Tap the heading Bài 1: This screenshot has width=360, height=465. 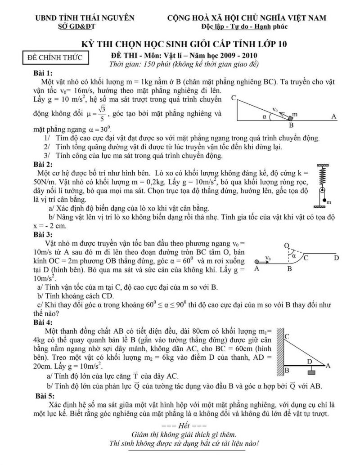click(x=43, y=73)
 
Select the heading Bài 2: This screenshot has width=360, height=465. click(x=43, y=164)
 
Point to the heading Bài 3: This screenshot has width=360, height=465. click(x=43, y=234)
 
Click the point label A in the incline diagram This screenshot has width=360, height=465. click(x=334, y=116)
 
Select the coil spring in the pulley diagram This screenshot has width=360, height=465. click(x=322, y=177)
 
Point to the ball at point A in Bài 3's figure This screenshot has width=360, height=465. click(x=256, y=261)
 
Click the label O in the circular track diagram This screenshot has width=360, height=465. click(x=286, y=245)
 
